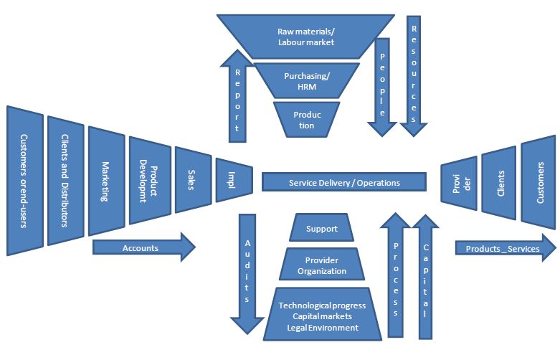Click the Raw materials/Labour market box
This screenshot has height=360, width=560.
306,37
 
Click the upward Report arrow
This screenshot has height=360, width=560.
237,93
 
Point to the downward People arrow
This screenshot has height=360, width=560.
382,86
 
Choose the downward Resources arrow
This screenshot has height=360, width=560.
414,72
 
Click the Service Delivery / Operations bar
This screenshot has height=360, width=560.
344,182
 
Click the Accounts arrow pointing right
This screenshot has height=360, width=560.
143,247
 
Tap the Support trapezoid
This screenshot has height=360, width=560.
321,229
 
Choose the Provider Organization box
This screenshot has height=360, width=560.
321,265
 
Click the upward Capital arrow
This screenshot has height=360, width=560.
424,276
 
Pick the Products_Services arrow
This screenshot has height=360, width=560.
505,248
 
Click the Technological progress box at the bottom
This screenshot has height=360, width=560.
321,316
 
